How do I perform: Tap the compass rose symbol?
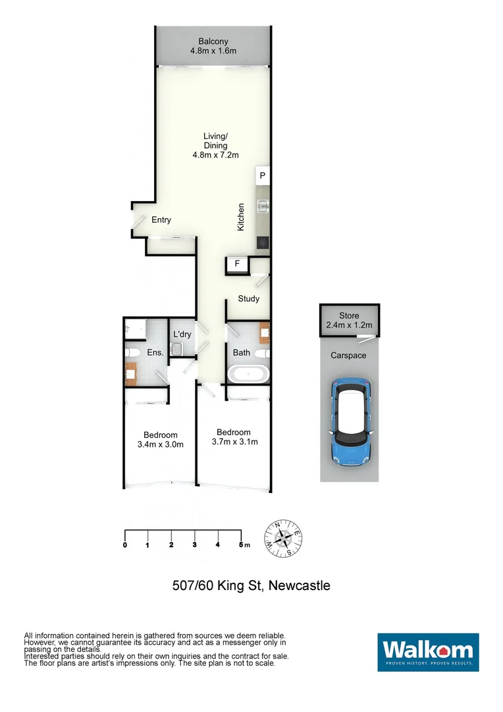[283, 538]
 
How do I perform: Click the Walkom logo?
[428, 652]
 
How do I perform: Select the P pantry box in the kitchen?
[262, 176]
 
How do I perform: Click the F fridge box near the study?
[237, 265]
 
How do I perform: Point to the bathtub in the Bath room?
[248, 374]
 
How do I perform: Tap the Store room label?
[349, 316]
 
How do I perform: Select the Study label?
[248, 299]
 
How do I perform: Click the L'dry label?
[182, 335]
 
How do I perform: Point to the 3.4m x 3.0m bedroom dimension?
[161, 444]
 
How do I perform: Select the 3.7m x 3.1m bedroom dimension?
[234, 442]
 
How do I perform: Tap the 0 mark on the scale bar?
[125, 545]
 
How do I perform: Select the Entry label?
[161, 220]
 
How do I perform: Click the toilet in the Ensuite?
[131, 353]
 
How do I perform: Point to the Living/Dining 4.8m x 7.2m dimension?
[215, 155]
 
